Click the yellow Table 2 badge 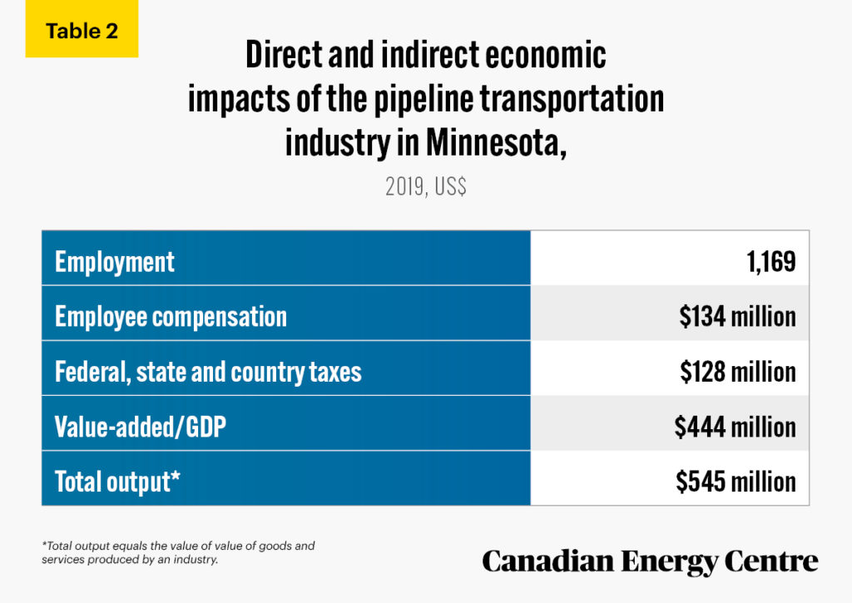tap(82, 32)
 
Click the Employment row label tap(115, 262)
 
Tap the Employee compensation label tap(171, 317)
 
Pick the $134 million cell tap(737, 317)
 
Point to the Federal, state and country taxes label tap(208, 372)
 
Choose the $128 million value tap(737, 372)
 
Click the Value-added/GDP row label tap(141, 427)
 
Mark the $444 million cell tap(736, 427)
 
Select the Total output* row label tap(118, 482)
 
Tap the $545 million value tap(736, 482)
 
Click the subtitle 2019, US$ tap(425, 186)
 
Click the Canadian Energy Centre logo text tap(650, 561)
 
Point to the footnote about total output tap(178, 552)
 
